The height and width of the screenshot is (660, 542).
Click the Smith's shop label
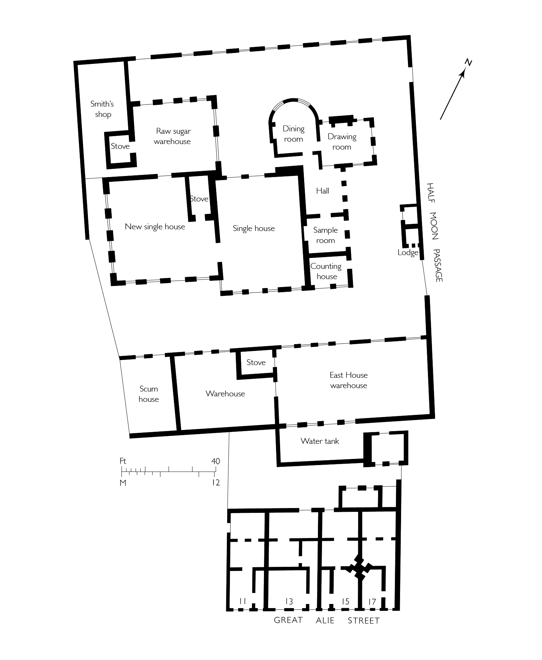tap(102, 109)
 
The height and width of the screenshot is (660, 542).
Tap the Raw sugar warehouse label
tap(173, 136)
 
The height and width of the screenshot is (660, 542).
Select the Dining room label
tap(293, 134)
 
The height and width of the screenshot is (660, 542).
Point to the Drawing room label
tap(342, 142)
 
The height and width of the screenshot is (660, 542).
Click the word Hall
tap(322, 191)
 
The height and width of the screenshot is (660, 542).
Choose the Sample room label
tap(325, 235)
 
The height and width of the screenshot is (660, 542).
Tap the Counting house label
tap(326, 271)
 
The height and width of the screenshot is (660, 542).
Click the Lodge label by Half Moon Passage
tap(408, 253)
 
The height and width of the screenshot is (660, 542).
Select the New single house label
tap(155, 227)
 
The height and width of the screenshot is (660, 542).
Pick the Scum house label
tap(148, 394)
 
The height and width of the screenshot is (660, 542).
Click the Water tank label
tap(320, 441)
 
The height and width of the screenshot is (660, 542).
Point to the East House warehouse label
tap(349, 380)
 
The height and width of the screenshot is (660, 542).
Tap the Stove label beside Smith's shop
tap(120, 146)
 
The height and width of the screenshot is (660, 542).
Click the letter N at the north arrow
tap(468, 63)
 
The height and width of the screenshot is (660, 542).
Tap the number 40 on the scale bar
tap(215, 461)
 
